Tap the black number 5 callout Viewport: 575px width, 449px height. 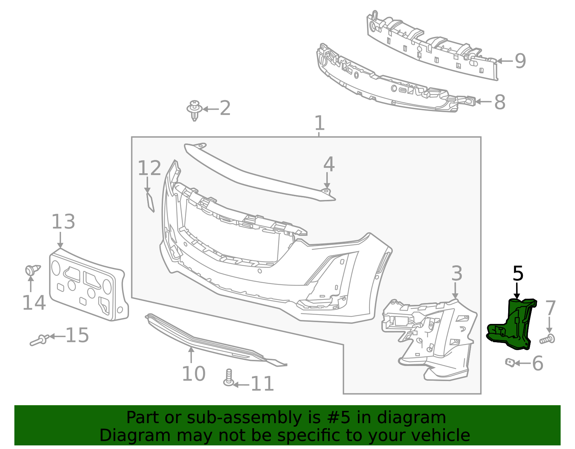pyautogui.click(x=518, y=274)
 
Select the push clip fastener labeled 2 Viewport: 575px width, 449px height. pyautogui.click(x=194, y=110)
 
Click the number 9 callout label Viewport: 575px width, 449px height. pyautogui.click(x=520, y=61)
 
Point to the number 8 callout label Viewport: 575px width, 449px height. pyautogui.click(x=500, y=102)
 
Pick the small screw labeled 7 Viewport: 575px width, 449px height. pyautogui.click(x=548, y=339)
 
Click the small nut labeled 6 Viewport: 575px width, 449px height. pyautogui.click(x=510, y=362)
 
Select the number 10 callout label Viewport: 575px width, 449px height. pyautogui.click(x=193, y=374)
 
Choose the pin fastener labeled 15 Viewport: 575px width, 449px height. pyautogui.click(x=40, y=340)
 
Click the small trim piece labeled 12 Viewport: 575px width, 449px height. pyautogui.click(x=150, y=202)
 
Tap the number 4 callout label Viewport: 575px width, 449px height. pyautogui.click(x=329, y=165)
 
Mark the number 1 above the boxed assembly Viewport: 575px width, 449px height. pyautogui.click(x=319, y=123)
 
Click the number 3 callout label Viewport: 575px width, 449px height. pyautogui.click(x=456, y=274)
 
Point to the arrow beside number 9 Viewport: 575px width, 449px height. pyautogui.click(x=504, y=61)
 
